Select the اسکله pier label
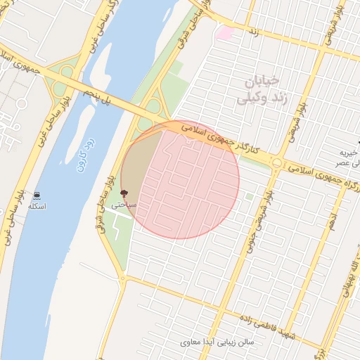(x=36, y=207)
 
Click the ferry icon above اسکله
(x=36, y=195)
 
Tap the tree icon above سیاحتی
(x=124, y=193)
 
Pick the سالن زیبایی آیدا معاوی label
(x=219, y=342)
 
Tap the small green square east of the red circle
(x=248, y=197)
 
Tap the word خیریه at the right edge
(x=349, y=153)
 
